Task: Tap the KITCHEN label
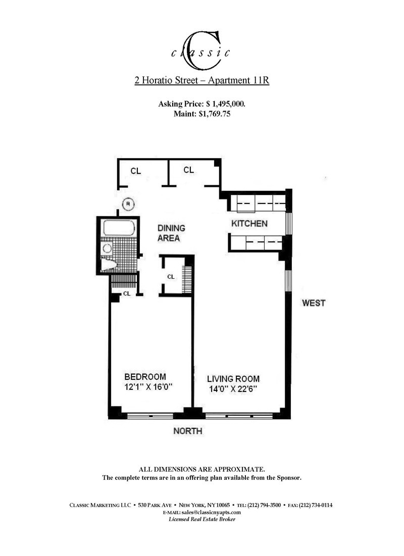(x=249, y=223)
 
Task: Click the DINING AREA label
(x=170, y=233)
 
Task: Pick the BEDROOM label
(x=145, y=377)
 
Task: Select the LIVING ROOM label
(x=233, y=378)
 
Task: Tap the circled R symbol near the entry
(x=128, y=204)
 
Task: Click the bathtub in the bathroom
(x=119, y=228)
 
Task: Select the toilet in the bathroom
(x=109, y=265)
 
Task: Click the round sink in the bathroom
(x=107, y=248)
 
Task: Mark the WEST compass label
(x=314, y=303)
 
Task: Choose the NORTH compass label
(x=187, y=431)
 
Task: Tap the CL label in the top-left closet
(x=135, y=171)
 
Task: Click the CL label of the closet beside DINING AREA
(x=171, y=277)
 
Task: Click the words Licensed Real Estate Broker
(x=201, y=520)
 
